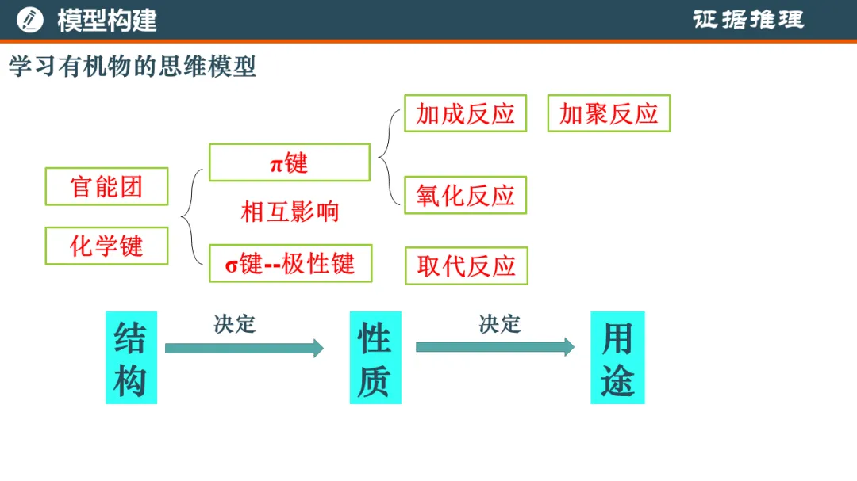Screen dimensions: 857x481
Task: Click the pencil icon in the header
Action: point(29,20)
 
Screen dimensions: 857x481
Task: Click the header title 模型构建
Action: point(107,21)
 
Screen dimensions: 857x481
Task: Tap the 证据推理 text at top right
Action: point(748,20)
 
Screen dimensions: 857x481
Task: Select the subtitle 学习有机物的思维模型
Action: point(133,66)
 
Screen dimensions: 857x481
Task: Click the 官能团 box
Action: point(106,186)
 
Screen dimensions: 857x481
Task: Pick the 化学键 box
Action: point(106,246)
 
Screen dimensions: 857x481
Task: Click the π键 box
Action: point(290,162)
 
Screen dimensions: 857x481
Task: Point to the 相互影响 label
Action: point(290,212)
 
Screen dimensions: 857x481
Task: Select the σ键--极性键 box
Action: point(290,263)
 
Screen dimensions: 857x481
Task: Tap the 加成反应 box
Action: point(466,113)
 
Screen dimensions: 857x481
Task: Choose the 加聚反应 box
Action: point(609,113)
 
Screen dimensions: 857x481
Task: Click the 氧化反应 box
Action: point(466,195)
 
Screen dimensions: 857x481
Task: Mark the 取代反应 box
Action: point(467,266)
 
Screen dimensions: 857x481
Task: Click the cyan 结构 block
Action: point(131,357)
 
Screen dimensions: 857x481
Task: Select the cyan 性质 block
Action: point(375,357)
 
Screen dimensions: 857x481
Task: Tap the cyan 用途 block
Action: point(617,357)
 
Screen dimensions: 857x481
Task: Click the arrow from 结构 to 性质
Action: point(244,349)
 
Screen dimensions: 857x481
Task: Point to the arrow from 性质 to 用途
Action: point(495,347)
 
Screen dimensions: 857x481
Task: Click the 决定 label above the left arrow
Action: point(234,324)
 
